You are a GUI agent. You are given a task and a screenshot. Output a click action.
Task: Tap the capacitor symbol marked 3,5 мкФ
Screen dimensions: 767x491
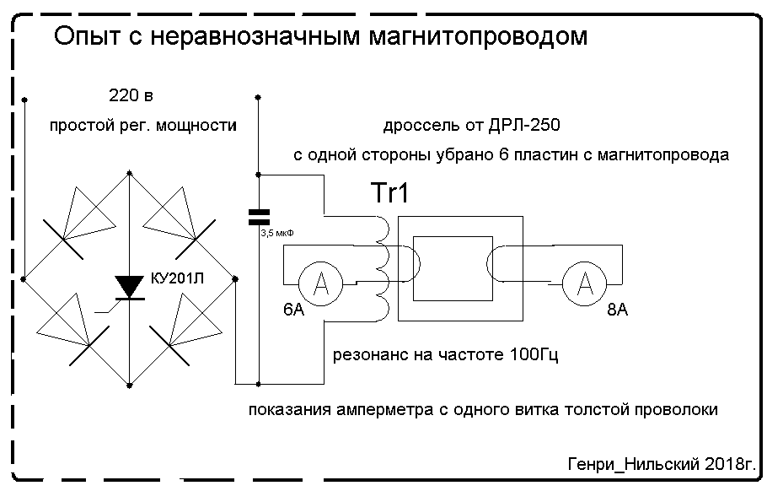(x=259, y=218)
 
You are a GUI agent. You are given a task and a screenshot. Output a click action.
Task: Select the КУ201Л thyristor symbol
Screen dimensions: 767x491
(x=129, y=288)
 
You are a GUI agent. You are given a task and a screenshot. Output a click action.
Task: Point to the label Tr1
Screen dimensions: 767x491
(x=390, y=192)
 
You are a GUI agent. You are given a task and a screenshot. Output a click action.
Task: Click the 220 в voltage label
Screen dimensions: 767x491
(x=131, y=95)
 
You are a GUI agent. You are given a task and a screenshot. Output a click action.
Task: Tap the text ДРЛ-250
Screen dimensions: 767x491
(x=524, y=126)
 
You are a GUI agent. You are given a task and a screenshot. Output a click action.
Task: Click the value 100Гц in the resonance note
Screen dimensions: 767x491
(x=534, y=354)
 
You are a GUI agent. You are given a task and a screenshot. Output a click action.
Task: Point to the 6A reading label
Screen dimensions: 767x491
(x=293, y=310)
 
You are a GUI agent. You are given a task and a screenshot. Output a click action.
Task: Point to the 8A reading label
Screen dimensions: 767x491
(x=617, y=310)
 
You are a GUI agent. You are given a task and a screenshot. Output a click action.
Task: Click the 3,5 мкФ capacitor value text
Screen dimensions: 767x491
(x=277, y=234)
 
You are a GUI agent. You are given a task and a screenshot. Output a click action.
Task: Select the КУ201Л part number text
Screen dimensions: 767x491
(x=177, y=278)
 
